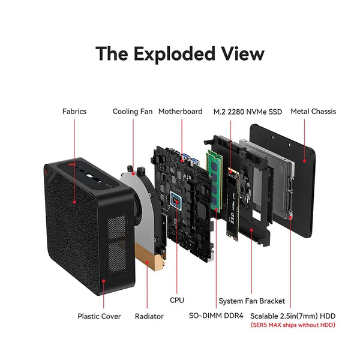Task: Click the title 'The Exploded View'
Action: [x=180, y=53]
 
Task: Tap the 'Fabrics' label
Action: [x=74, y=111]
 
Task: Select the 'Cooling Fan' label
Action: [x=133, y=111]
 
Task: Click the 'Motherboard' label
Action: [x=180, y=111]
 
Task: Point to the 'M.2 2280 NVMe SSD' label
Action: [x=248, y=111]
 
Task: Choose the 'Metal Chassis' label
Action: [x=313, y=111]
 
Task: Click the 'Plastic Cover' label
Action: [x=99, y=316]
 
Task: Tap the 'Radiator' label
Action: [x=149, y=316]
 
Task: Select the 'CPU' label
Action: [x=177, y=299]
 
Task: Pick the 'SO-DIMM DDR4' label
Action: [x=215, y=316]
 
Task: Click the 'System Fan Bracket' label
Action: [x=251, y=301]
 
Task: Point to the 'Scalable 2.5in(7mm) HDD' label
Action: [x=293, y=316]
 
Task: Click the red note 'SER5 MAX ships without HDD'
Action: [x=293, y=325]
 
